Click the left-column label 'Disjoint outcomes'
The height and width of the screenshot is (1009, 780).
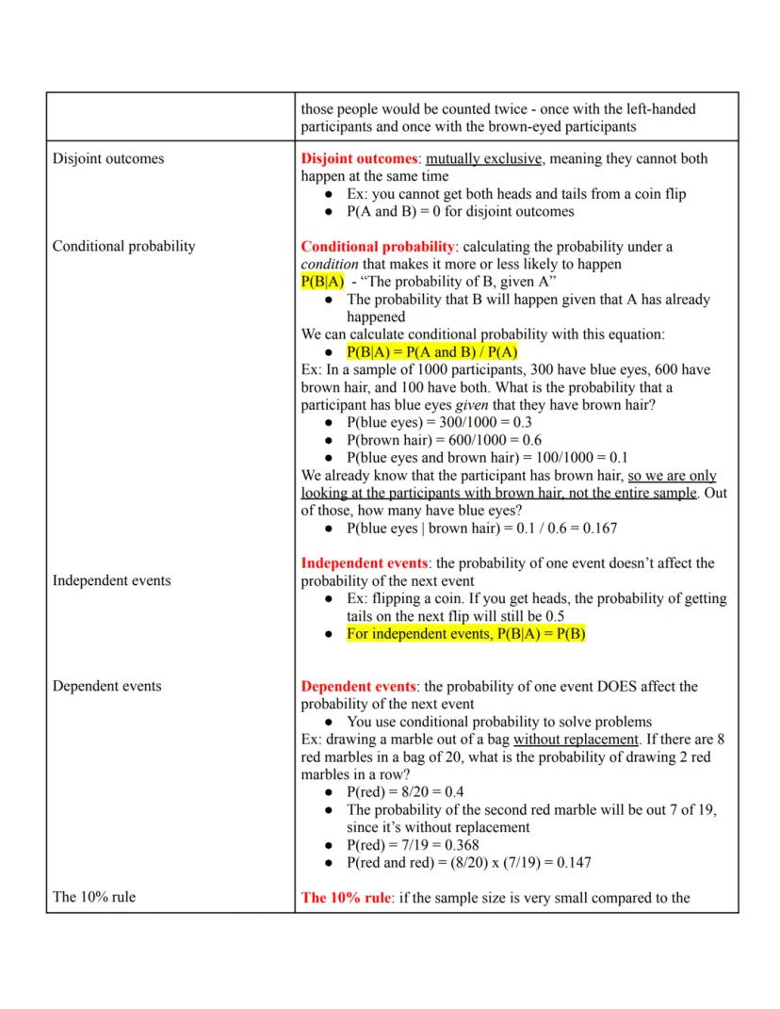click(107, 158)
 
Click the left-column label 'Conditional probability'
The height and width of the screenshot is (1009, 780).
click(123, 246)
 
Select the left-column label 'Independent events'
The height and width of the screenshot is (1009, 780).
click(111, 580)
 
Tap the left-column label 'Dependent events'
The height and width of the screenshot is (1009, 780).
click(106, 686)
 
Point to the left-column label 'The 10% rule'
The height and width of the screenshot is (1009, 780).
click(93, 897)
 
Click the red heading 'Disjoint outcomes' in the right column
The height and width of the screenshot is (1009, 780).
click(359, 158)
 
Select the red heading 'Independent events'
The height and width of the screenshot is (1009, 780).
click(364, 563)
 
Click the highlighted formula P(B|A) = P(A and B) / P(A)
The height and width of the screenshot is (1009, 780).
click(432, 352)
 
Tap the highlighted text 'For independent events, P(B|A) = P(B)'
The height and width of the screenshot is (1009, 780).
click(465, 634)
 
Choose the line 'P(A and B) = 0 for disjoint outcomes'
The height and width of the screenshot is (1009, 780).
click(460, 211)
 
